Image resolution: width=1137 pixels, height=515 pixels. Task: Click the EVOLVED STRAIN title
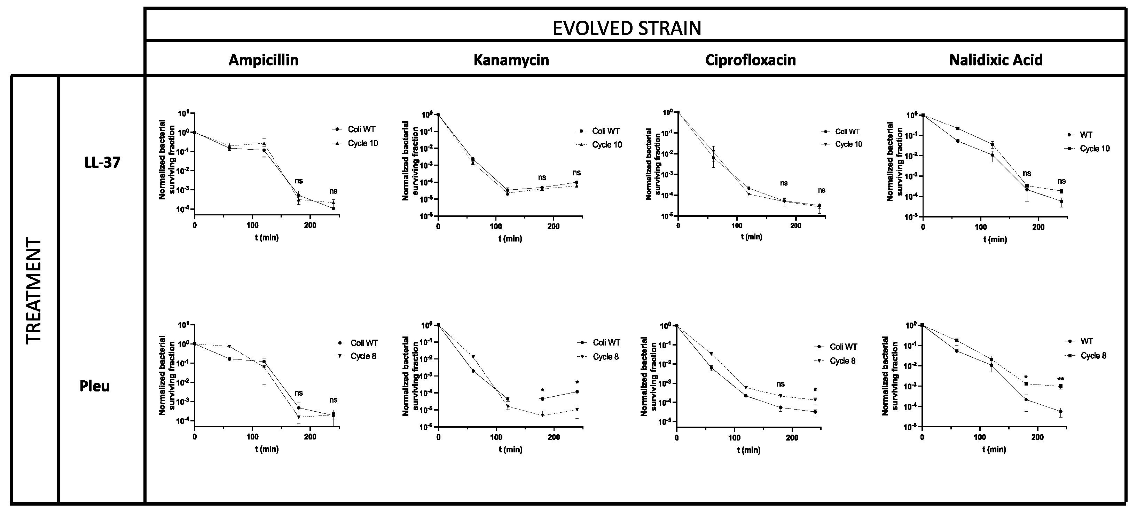(627, 28)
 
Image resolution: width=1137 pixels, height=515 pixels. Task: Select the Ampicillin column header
(264, 60)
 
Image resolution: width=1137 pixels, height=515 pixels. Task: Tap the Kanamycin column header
(511, 60)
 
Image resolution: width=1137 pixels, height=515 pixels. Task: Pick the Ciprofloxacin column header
(750, 60)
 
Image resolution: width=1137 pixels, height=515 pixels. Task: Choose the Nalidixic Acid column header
(996, 60)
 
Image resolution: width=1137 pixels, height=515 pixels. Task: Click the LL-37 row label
(102, 163)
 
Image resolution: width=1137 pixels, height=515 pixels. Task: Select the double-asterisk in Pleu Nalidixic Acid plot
(1061, 379)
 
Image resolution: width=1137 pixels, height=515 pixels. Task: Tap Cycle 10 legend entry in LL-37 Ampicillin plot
(362, 143)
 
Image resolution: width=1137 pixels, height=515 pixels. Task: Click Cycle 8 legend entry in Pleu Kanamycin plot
(606, 357)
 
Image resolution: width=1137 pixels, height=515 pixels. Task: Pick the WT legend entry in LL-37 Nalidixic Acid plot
(1086, 135)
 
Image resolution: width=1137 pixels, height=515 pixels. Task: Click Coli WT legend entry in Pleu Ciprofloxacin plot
(843, 347)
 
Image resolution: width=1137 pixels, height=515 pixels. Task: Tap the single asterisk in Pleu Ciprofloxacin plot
(815, 390)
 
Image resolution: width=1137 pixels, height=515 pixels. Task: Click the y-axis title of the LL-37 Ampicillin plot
(166, 160)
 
